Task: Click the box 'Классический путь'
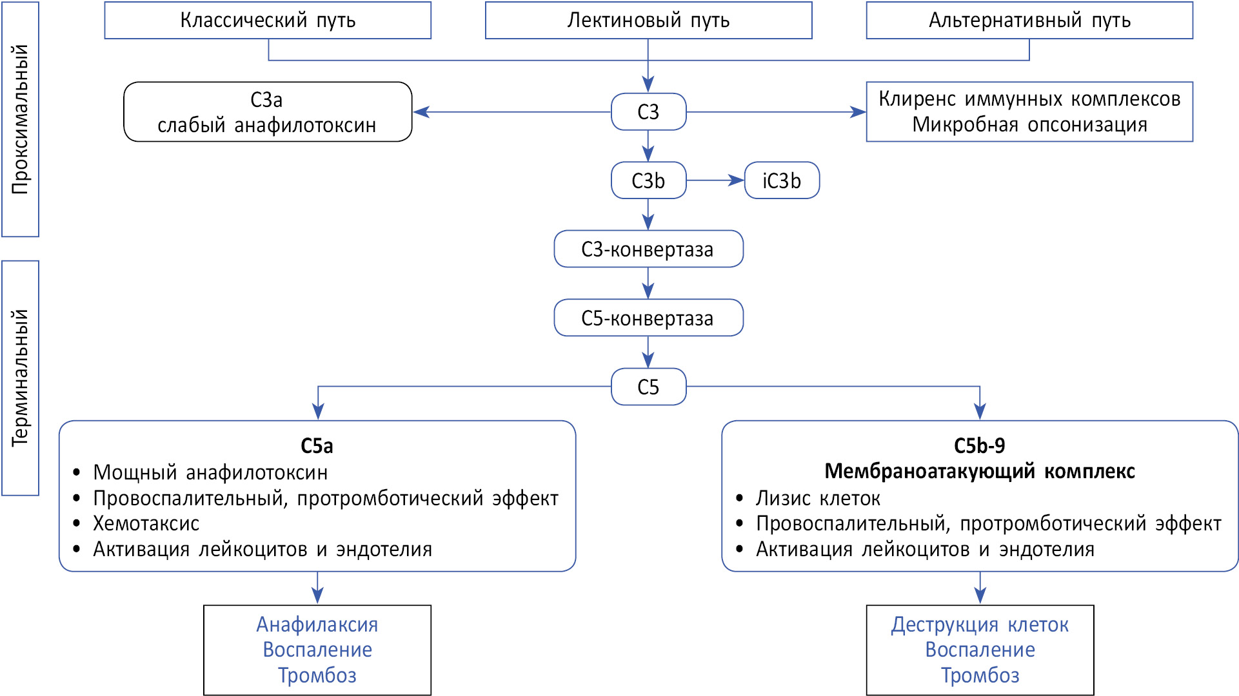pos(268,21)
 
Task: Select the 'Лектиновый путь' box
pos(648,21)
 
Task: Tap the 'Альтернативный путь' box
pos(1029,21)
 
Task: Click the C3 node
pos(648,112)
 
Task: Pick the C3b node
pos(648,180)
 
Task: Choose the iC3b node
pos(782,180)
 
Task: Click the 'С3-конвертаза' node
pos(648,249)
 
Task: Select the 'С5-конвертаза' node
pos(648,318)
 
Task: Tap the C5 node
pos(648,387)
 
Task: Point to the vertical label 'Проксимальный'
pos(21,119)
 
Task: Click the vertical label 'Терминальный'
pos(21,378)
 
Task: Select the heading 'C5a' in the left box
pos(317,446)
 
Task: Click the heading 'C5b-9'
pos(979,446)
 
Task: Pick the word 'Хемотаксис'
pos(146,523)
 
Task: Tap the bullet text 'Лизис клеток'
pos(818,498)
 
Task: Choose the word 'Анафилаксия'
pos(317,624)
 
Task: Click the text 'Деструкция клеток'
pos(980,624)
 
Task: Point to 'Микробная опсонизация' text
pos(1029,124)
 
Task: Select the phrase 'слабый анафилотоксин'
pos(266,125)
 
